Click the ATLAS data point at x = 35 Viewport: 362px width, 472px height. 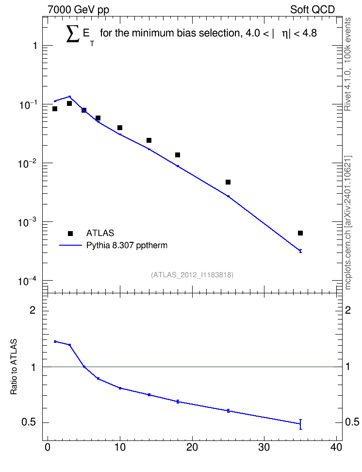coord(300,233)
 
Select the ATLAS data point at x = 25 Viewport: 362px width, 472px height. coord(228,182)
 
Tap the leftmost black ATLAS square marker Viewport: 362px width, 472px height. coord(55,109)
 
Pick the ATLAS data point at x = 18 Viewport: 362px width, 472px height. coord(178,155)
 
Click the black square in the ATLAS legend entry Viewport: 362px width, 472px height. coord(70,233)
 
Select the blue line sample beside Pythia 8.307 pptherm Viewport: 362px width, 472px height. coord(70,245)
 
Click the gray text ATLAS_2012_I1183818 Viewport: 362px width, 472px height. coord(192,275)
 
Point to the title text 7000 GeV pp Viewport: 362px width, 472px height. coord(78,10)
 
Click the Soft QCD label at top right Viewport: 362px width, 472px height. coord(313,10)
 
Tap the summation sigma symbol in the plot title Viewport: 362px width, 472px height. coord(73,34)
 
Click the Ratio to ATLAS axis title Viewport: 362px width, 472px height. coord(14,367)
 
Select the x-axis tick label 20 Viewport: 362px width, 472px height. coord(192,447)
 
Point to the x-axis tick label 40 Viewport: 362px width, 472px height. coord(336,447)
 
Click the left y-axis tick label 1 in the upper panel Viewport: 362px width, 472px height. coord(35,46)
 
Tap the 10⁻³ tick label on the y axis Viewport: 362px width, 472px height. coord(28,222)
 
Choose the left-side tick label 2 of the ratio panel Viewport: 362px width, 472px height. coord(33,310)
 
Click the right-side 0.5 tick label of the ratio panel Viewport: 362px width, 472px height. coord(352,422)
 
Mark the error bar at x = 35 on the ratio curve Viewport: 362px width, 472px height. coord(300,424)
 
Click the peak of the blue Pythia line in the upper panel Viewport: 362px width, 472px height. coord(69,96)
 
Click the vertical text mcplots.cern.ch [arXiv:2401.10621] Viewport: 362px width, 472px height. coord(348,222)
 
